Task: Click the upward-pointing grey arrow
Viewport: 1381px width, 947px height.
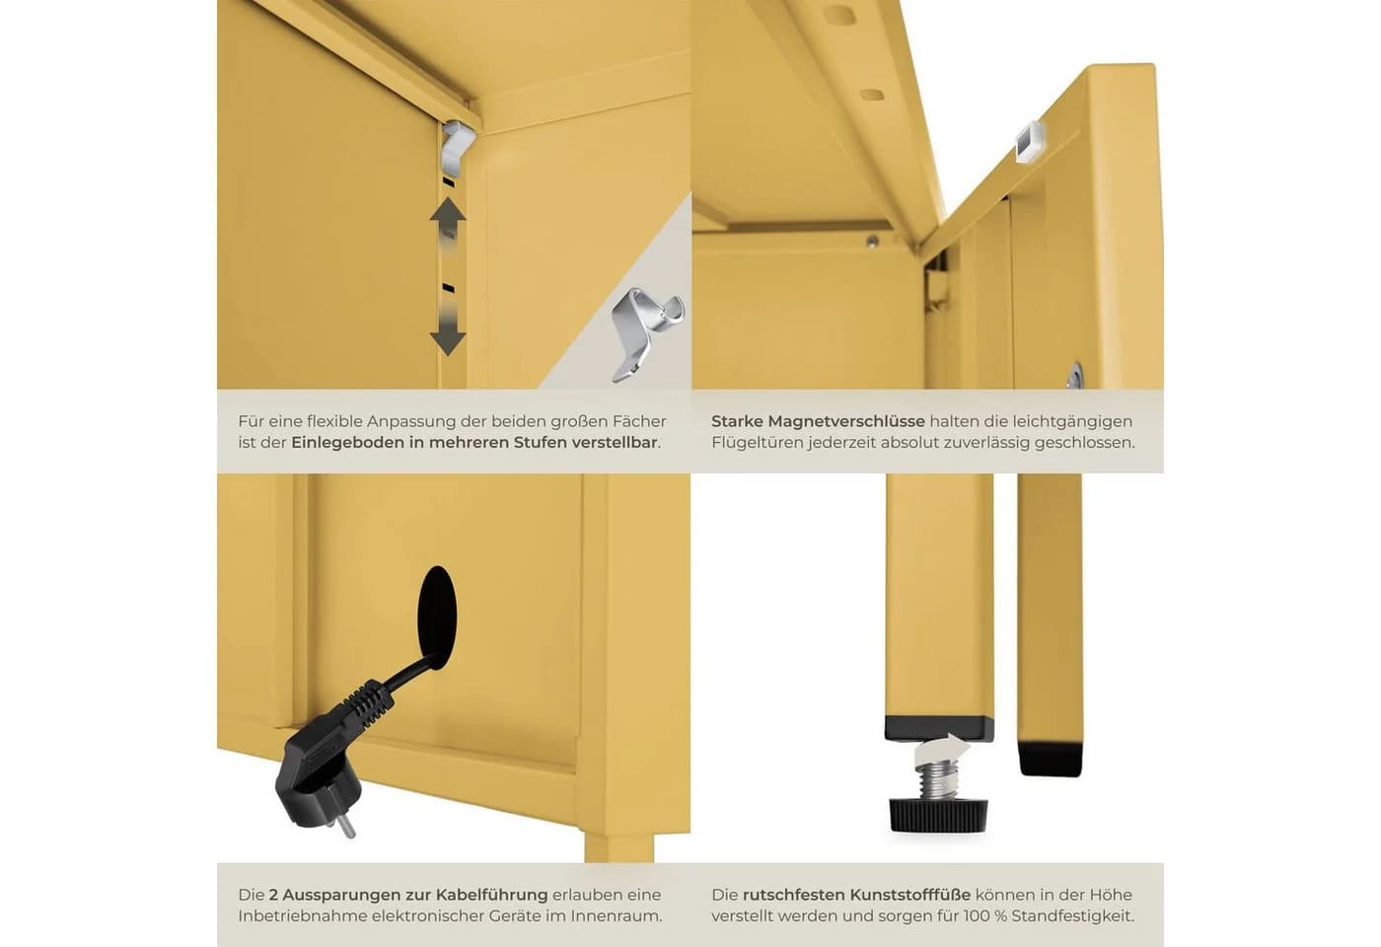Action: tap(448, 222)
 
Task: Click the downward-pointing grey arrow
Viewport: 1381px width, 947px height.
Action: tap(448, 327)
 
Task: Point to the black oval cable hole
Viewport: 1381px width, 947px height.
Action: tap(437, 618)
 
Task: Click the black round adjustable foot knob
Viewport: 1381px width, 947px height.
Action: tap(938, 815)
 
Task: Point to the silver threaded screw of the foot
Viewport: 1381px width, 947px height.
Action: tap(936, 780)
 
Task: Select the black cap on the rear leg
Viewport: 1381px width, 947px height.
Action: tap(1050, 760)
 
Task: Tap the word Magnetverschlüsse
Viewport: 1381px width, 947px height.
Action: tap(846, 422)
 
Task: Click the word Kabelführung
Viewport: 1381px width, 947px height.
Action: tap(491, 895)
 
